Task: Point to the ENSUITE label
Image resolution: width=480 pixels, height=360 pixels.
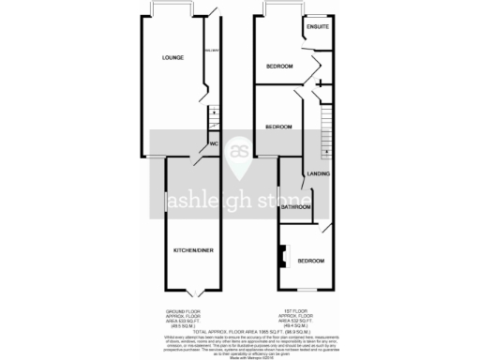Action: (x=318, y=26)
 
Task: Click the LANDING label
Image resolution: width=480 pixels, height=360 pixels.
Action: (x=319, y=173)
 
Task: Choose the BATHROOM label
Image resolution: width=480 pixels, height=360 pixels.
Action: (x=295, y=206)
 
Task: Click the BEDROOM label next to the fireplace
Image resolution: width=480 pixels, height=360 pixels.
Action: (x=311, y=260)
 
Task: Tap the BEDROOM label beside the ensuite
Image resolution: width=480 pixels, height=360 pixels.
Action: (x=278, y=67)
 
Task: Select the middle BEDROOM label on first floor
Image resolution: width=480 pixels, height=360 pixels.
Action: (x=278, y=127)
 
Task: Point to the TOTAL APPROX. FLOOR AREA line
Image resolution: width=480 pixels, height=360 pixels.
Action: (x=240, y=333)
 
